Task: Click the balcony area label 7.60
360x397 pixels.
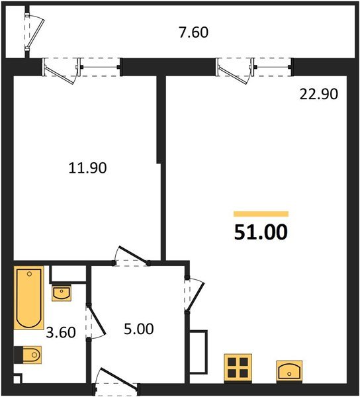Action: [x=195, y=32]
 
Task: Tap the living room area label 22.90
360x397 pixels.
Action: [x=319, y=94]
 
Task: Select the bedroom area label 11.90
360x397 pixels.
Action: [x=87, y=168]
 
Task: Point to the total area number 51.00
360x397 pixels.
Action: [x=261, y=233]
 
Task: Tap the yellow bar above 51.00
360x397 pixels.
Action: [x=261, y=214]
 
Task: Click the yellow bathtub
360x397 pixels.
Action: [x=29, y=297]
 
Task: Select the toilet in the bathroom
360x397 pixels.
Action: [x=28, y=356]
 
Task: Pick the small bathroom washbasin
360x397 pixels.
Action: [x=62, y=292]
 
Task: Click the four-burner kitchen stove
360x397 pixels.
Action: [x=238, y=367]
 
